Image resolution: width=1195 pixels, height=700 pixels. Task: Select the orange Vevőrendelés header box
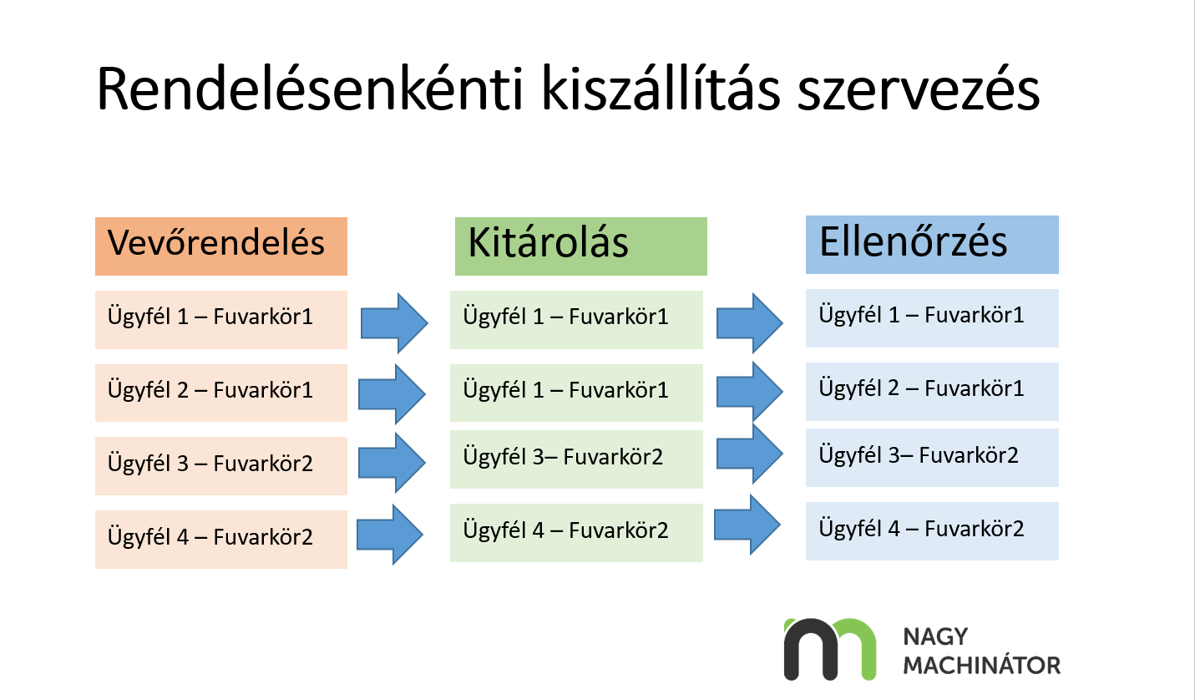(220, 246)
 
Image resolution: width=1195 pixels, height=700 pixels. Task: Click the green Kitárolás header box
(580, 246)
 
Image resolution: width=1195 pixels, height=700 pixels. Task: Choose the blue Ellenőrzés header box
(932, 244)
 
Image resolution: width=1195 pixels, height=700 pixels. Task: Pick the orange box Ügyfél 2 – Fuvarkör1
(220, 392)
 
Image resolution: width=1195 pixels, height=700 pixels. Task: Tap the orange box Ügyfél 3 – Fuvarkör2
(220, 465)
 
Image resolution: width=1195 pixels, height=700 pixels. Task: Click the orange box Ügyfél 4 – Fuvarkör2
(220, 539)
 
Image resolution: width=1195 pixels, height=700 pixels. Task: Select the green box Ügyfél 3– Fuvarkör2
(576, 459)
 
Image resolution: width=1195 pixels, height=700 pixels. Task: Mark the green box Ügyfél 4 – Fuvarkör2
(576, 532)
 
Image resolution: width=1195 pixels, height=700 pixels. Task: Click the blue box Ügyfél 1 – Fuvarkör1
(932, 317)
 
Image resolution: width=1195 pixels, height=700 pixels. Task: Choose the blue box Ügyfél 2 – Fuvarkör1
(932, 391)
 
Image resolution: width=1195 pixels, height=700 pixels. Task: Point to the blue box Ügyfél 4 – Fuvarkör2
(932, 530)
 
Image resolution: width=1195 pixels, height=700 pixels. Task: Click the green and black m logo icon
(829, 649)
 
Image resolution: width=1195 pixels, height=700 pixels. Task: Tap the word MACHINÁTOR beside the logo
(981, 666)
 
